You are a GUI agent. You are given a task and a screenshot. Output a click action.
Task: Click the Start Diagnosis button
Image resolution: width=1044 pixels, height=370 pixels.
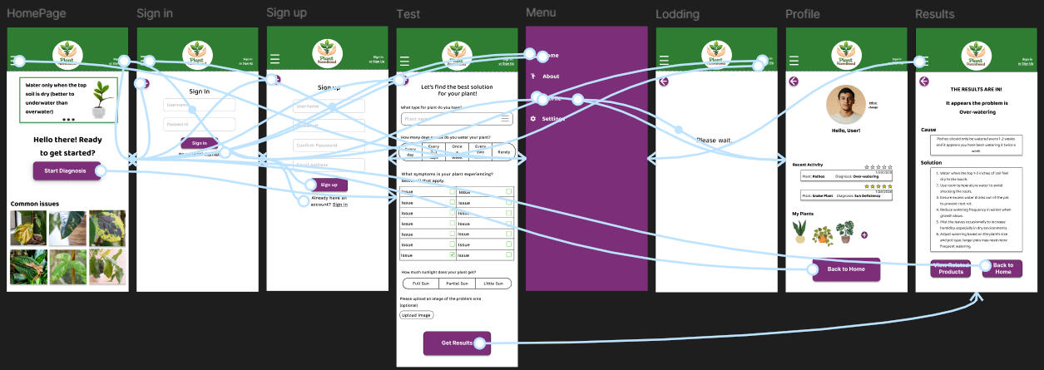67,170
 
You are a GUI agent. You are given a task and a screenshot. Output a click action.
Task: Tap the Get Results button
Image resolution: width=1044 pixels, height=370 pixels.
457,343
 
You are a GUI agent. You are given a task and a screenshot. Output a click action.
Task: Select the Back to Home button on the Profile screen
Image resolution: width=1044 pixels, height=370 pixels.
846,269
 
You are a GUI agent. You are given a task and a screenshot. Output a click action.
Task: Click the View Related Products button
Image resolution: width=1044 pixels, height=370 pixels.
949,268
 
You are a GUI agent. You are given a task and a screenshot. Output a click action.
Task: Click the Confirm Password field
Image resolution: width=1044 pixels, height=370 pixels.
329,146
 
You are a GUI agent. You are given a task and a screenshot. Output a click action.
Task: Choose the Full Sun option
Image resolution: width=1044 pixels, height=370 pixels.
421,284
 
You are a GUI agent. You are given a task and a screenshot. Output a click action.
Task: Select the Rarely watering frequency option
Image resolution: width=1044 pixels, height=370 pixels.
503,152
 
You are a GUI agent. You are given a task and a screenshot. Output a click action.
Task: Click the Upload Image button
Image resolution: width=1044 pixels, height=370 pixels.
417,315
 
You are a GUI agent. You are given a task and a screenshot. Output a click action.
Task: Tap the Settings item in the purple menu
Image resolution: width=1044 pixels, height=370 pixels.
553,119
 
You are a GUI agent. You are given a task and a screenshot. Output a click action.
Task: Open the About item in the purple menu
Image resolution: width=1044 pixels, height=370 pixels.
551,76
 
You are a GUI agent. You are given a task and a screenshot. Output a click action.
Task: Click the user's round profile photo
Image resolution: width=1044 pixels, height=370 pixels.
846,105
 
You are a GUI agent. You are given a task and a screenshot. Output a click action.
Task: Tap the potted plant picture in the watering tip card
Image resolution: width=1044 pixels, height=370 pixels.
102,98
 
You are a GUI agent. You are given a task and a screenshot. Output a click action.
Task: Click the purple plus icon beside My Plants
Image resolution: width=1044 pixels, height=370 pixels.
864,235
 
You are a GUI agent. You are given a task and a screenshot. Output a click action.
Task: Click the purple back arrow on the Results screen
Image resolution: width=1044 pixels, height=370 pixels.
924,81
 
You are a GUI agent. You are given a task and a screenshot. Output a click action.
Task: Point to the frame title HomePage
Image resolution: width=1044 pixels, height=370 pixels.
37,14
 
